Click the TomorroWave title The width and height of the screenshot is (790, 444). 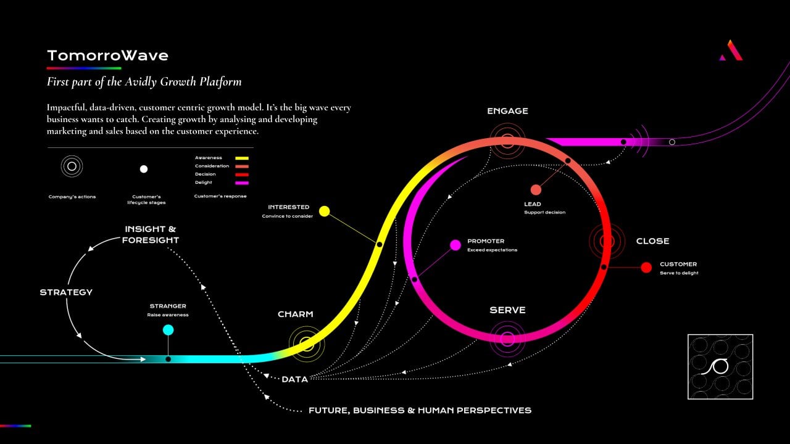click(107, 55)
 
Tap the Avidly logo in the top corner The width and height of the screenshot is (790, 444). click(731, 51)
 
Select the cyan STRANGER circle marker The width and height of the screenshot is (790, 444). click(168, 330)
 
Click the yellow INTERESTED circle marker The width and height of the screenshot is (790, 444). click(325, 212)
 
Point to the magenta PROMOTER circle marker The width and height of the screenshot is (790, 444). click(455, 245)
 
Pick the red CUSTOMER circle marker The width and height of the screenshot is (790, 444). click(646, 268)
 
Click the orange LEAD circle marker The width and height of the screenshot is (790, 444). click(536, 190)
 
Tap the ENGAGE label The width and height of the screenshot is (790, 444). click(507, 111)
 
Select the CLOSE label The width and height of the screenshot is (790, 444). click(652, 241)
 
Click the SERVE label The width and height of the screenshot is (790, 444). click(507, 310)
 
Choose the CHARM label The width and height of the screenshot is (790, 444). click(295, 314)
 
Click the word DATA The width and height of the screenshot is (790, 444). click(294, 379)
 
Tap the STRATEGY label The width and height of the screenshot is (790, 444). click(66, 292)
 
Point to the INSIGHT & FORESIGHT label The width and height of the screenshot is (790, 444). click(151, 235)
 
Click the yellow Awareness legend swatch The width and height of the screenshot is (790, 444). click(241, 158)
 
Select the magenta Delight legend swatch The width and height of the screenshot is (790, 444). click(241, 183)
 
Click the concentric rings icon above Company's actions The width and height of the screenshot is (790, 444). click(72, 166)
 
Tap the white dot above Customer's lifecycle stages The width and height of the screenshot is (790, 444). click(144, 169)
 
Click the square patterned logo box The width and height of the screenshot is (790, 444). click(720, 366)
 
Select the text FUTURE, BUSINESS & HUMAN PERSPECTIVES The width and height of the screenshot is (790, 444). click(420, 410)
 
